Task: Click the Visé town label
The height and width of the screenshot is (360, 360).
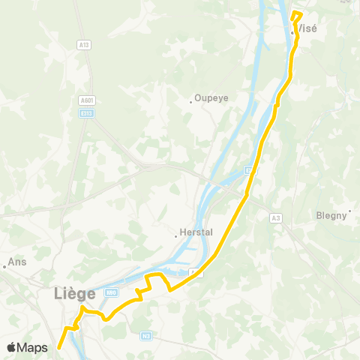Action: point(308,28)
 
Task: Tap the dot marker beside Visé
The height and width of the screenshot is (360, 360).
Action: point(292,31)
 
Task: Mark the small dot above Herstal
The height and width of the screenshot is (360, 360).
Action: point(176,236)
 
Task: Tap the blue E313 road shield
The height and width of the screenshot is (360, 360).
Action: point(88,112)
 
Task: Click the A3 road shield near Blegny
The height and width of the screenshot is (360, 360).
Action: point(276,217)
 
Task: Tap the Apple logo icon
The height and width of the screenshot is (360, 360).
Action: point(12,347)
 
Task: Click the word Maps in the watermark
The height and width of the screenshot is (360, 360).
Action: point(34,347)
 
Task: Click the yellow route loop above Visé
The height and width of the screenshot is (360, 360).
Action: point(296,16)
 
